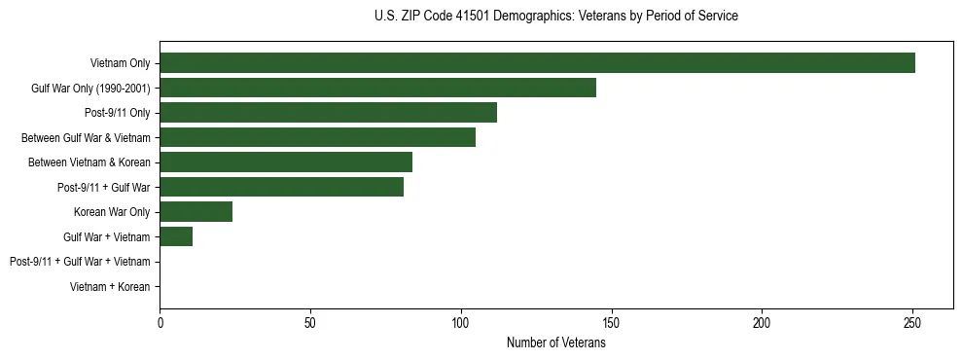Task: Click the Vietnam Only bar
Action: pos(537,63)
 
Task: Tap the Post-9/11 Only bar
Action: pos(328,113)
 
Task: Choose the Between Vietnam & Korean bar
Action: pos(286,162)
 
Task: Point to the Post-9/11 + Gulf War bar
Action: pos(281,187)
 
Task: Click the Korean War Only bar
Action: pos(196,211)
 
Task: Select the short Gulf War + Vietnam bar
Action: pos(176,236)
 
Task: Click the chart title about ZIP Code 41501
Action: pos(555,17)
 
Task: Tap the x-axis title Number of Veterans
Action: pos(555,342)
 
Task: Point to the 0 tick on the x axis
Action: pos(160,322)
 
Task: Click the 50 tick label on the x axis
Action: pos(310,322)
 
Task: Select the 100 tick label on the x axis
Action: pos(460,322)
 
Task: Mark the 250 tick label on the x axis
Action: pos(912,322)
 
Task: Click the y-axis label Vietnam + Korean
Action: pos(110,287)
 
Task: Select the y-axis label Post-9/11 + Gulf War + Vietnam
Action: pos(80,262)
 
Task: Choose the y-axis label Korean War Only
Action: pos(112,212)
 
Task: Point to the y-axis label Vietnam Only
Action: pos(120,63)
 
